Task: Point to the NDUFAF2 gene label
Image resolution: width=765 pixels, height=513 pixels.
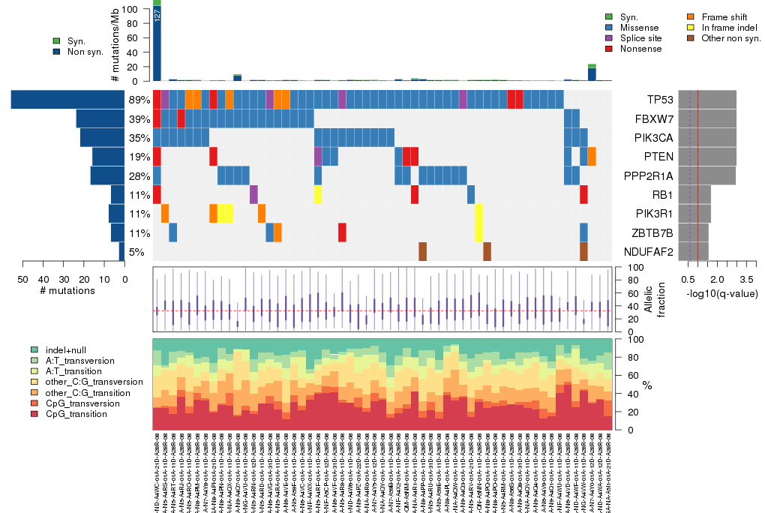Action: [x=649, y=251]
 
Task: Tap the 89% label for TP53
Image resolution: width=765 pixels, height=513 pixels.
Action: [x=139, y=100]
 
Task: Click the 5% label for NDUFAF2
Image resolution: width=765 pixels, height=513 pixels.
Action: [x=136, y=251]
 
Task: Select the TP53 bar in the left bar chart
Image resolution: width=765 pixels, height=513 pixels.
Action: [x=68, y=99]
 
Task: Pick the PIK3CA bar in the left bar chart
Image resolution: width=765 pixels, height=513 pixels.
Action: [x=102, y=137]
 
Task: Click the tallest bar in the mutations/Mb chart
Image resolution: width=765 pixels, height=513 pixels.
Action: [x=157, y=41]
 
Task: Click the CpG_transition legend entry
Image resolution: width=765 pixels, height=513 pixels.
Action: [x=72, y=414]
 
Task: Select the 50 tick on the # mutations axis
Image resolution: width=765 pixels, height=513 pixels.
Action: [x=23, y=280]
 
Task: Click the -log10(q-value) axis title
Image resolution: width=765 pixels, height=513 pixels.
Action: [x=721, y=293]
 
